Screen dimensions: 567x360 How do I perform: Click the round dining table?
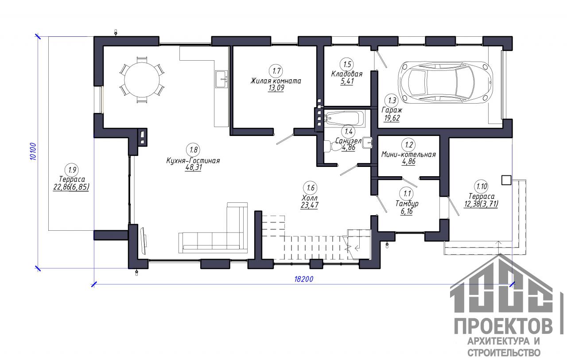tap(142, 80)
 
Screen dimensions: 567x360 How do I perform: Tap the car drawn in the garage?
tap(446, 82)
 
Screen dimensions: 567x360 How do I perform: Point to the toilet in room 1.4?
tap(332, 147)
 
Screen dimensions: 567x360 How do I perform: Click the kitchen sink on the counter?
tap(222, 79)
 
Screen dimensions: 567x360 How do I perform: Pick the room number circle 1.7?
tap(276, 71)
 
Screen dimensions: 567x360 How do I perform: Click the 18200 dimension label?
tap(304, 279)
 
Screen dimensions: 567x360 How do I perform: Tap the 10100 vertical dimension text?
tap(33, 151)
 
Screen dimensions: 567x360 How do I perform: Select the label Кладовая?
tap(347, 74)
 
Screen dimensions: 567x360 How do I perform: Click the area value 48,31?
tap(194, 167)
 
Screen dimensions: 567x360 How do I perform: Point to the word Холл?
tap(310, 197)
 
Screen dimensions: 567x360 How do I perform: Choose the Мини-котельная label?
tap(408, 155)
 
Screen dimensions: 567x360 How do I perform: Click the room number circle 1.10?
tap(482, 186)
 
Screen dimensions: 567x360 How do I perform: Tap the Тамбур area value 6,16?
tap(407, 211)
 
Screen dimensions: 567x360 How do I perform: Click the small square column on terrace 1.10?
tap(506, 180)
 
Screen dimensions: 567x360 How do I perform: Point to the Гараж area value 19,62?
tap(392, 118)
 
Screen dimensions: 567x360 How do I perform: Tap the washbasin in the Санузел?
tap(367, 143)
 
